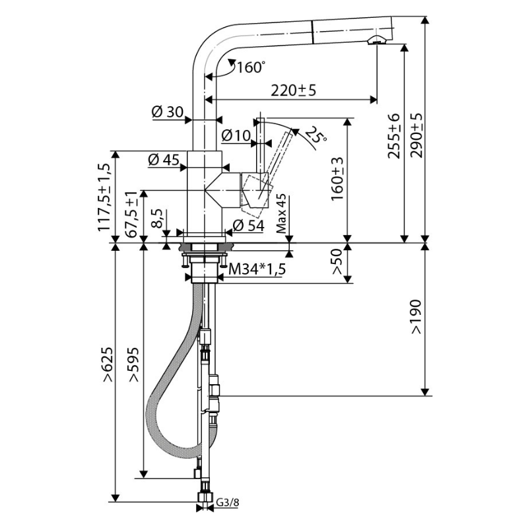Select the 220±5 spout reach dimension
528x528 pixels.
tap(294, 90)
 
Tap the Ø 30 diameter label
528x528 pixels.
tap(168, 112)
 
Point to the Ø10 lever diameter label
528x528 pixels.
tap(236, 135)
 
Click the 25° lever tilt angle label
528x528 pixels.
tap(315, 135)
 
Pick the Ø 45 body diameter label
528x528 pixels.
tap(164, 160)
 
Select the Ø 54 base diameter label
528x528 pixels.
tap(249, 225)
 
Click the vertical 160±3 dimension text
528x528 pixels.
tap(337, 179)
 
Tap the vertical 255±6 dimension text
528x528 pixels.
tap(393, 136)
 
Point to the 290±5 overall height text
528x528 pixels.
tap(416, 135)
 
